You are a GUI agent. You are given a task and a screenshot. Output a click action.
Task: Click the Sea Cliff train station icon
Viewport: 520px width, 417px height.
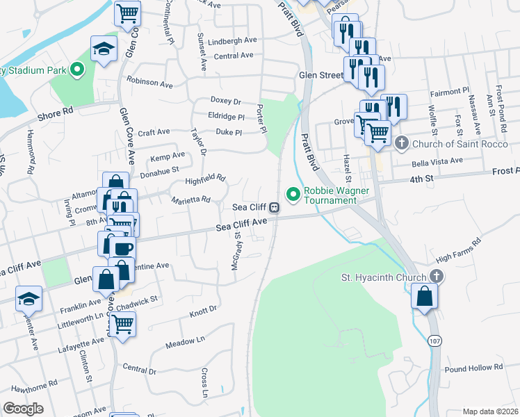coord(275,206)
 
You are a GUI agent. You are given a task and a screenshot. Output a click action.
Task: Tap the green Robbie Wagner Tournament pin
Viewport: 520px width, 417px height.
coord(293,194)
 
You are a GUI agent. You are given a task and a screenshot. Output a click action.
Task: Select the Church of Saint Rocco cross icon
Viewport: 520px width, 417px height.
coord(401,143)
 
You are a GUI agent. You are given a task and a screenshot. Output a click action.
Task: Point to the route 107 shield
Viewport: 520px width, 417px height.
coord(435,341)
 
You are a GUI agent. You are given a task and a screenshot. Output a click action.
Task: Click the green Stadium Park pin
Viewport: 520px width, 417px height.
coord(77,69)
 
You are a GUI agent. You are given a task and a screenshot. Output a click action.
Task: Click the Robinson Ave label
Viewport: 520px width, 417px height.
coord(149,83)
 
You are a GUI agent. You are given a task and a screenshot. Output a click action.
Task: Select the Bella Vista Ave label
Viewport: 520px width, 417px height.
coord(437,161)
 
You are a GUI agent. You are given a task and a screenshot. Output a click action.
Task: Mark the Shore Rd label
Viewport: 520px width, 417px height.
coord(56,112)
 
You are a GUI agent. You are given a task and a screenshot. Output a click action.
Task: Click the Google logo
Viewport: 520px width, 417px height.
coord(23,409)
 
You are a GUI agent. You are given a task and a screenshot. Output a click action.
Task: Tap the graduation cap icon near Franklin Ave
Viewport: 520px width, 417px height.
coord(29,298)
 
